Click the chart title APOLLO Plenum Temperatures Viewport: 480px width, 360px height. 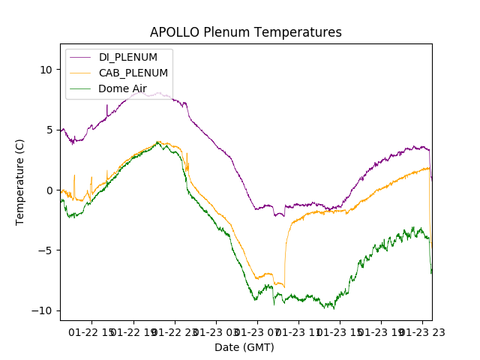point(245,32)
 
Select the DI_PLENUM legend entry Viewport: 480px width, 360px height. point(127,58)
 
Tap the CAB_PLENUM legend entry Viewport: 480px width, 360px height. point(133,73)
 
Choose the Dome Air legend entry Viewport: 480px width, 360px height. point(122,88)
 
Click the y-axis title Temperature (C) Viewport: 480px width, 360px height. point(20,181)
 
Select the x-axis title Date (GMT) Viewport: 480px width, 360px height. point(244,347)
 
